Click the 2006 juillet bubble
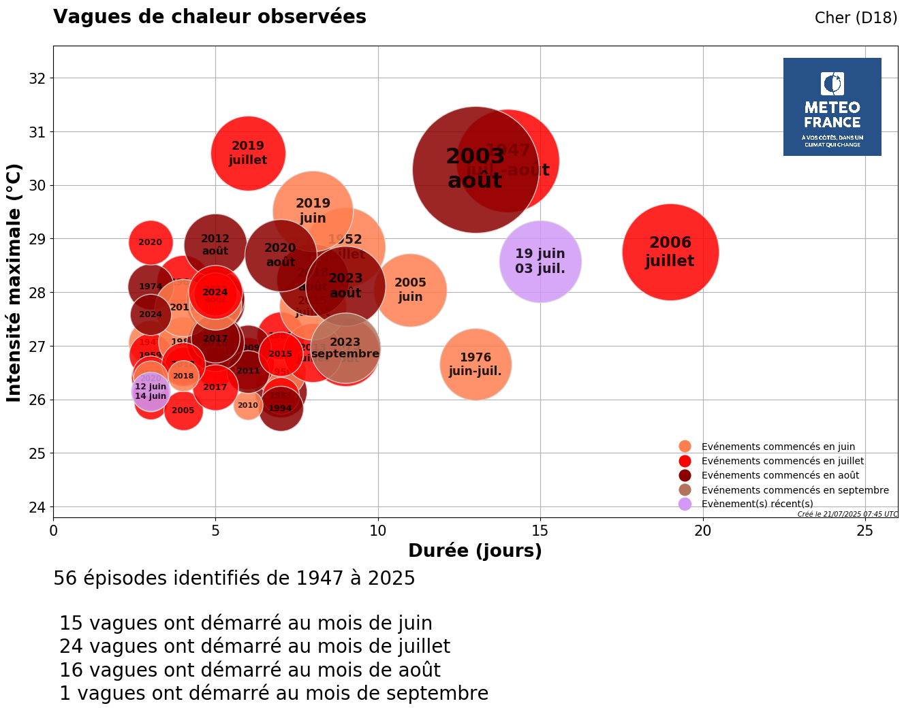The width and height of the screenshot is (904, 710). pos(670,252)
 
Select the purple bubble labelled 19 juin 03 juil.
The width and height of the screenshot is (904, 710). pos(540,261)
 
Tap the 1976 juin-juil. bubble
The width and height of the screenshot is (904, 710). pos(476,364)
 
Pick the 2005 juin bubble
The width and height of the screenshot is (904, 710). pos(410,290)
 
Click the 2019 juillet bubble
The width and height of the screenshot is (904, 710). pos(248,153)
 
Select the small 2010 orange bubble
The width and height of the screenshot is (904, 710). pos(248,406)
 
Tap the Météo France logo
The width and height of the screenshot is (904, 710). pos(832,107)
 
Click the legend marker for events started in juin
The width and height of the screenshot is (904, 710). pos(685,447)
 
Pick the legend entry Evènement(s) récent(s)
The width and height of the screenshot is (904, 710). pos(757,504)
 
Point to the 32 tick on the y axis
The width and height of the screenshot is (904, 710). pos(37,78)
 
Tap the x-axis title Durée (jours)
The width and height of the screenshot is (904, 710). pos(475,551)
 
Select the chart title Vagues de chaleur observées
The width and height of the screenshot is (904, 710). pos(210,17)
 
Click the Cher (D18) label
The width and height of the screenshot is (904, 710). pos(856,18)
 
